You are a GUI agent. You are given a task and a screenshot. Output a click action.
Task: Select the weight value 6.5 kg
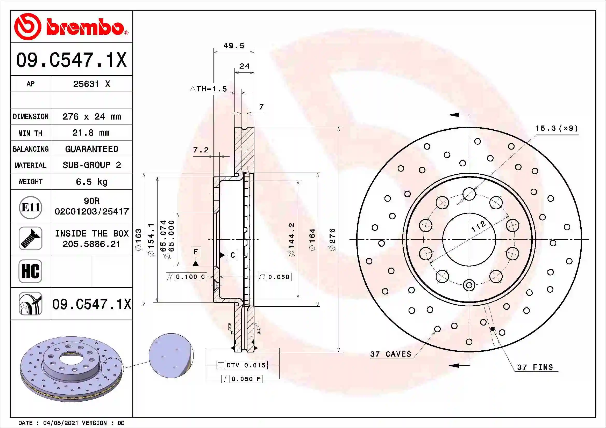click(91, 182)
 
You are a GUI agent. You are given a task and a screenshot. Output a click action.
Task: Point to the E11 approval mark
click(31, 208)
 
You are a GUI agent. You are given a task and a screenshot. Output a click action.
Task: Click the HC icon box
click(30, 271)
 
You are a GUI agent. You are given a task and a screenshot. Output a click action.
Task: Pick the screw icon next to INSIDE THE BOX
click(30, 238)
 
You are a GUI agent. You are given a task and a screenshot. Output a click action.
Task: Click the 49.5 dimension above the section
click(234, 46)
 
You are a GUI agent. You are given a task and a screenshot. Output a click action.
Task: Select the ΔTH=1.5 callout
click(208, 89)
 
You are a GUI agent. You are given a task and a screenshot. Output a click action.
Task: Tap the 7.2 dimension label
click(201, 150)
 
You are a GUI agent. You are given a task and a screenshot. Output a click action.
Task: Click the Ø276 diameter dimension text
click(332, 239)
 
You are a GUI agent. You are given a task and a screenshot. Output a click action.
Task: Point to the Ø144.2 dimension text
click(291, 239)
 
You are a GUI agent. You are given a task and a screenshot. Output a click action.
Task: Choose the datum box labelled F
click(196, 252)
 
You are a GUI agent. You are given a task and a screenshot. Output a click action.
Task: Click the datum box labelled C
click(232, 255)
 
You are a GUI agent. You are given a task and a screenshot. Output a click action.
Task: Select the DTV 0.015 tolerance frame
click(242, 365)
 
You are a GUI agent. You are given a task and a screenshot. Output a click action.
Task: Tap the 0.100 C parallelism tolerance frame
click(186, 277)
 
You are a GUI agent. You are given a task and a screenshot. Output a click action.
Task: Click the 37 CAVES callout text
click(391, 354)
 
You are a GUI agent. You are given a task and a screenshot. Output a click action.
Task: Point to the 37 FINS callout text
click(535, 367)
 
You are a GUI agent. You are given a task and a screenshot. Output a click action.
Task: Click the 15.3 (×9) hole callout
click(556, 128)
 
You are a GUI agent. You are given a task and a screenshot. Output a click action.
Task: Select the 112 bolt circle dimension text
click(478, 226)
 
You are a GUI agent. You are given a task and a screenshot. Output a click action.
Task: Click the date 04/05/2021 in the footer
click(61, 423)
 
